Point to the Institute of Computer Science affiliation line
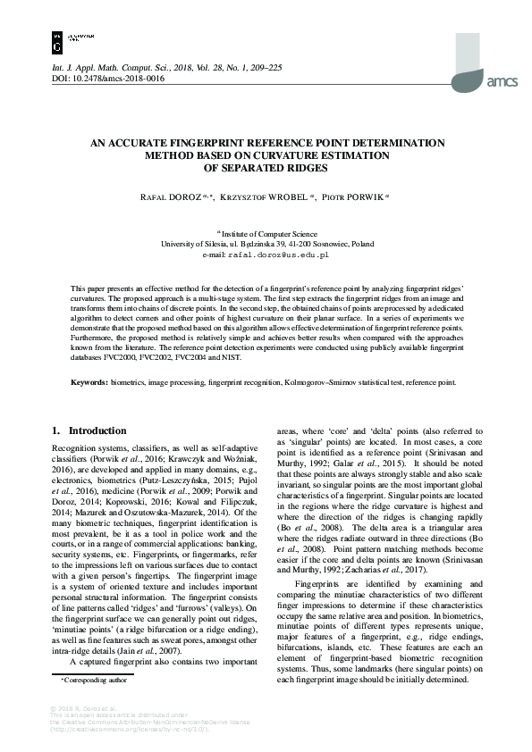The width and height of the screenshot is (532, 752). coord(266,232)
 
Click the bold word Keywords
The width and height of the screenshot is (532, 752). coord(92,407)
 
